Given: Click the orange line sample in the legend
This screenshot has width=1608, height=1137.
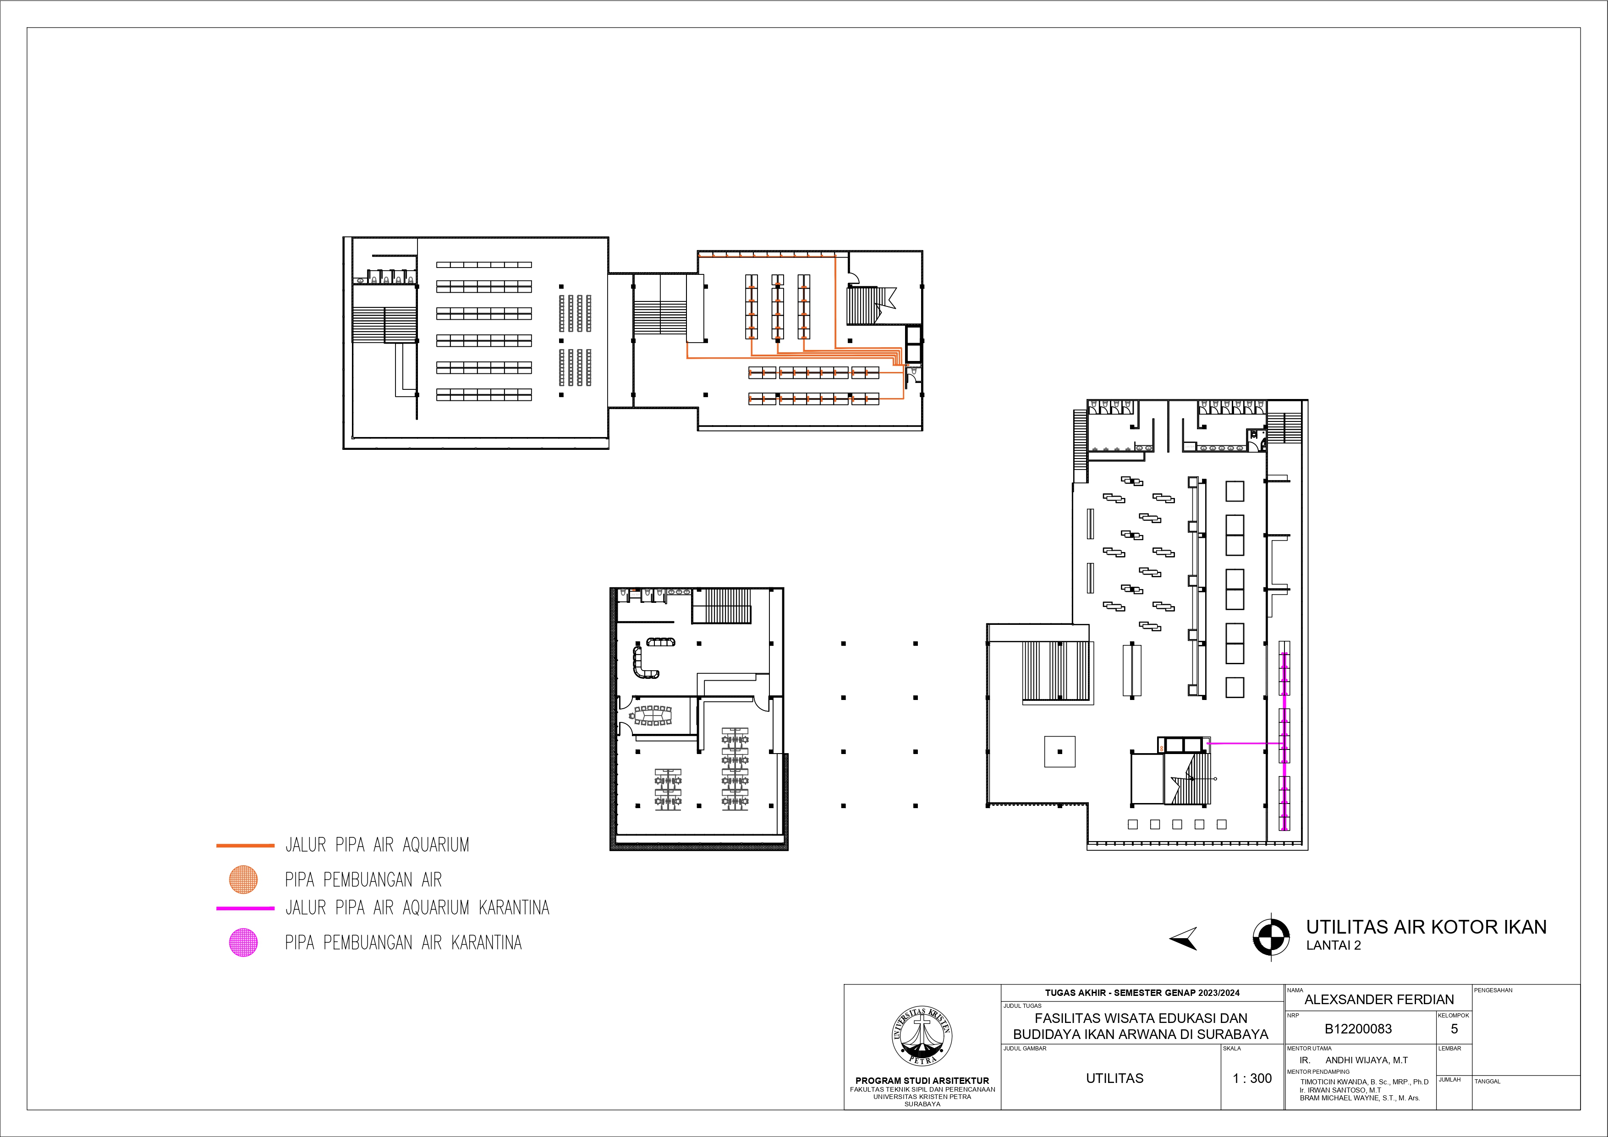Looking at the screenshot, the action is pos(245,846).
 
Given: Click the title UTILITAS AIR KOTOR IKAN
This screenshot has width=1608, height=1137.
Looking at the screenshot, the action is pos(1426,927).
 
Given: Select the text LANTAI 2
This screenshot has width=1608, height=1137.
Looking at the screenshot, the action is pos(1334,945).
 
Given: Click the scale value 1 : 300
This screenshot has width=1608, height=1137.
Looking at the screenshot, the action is pos(1252,1078).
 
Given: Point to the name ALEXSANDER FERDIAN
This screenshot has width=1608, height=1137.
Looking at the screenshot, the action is pos(1379,1000).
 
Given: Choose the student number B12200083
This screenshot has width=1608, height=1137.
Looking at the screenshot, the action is pos(1358,1029).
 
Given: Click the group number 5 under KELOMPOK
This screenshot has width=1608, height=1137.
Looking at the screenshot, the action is pos(1454,1028).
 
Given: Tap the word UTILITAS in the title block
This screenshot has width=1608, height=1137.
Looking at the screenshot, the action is pos(1114,1078).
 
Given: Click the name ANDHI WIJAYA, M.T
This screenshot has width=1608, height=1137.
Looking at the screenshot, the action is pos(1367,1060).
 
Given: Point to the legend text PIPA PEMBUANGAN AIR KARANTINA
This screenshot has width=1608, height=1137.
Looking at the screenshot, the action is pos(403,942).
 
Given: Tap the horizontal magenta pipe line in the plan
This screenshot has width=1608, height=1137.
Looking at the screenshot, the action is pos(1245,743).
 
